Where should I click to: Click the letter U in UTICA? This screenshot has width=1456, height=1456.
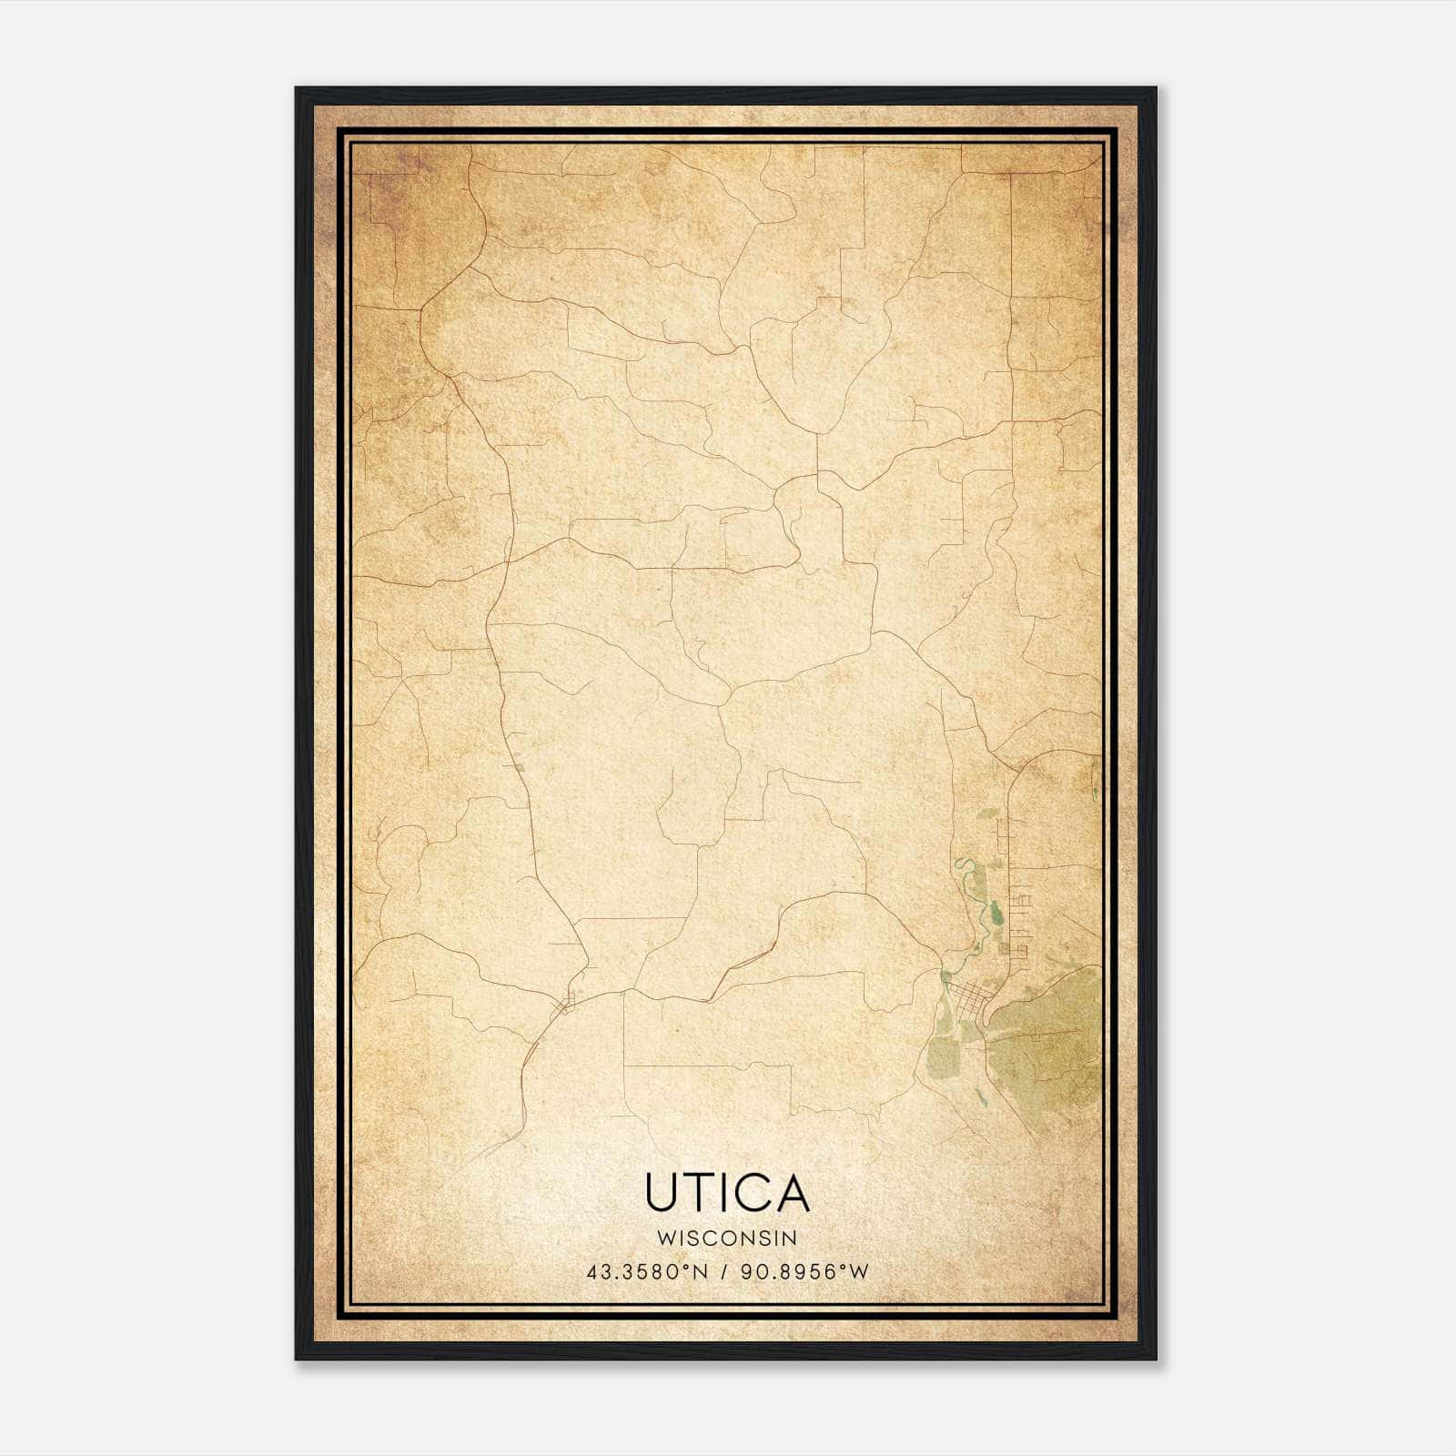tap(662, 1192)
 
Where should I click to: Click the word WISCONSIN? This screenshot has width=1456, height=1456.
tap(728, 1239)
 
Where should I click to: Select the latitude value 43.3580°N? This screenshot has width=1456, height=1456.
tap(647, 1272)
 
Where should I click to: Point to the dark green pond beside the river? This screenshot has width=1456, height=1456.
tap(996, 910)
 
